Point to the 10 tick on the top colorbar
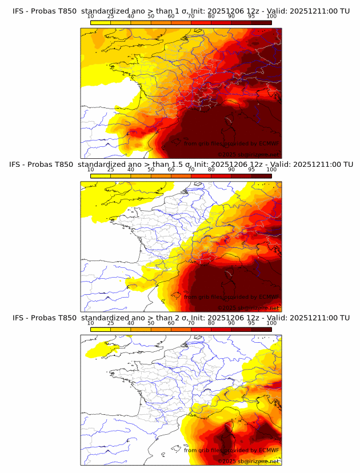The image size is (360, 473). pos(91,17)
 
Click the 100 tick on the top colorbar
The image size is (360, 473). pos(271,17)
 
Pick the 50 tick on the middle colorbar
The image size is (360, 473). pos(151,170)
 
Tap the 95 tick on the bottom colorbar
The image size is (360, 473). pos(251,323)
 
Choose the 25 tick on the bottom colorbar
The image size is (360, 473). pos(111,323)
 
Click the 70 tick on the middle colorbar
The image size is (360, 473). pos(191,170)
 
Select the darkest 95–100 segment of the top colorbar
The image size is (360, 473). pos(261,22)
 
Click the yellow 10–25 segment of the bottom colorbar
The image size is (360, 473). pos(101,329)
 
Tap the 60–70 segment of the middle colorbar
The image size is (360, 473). pos(181,175)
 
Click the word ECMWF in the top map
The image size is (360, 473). pos(266,143)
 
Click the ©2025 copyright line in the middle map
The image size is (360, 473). pos(248,307)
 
